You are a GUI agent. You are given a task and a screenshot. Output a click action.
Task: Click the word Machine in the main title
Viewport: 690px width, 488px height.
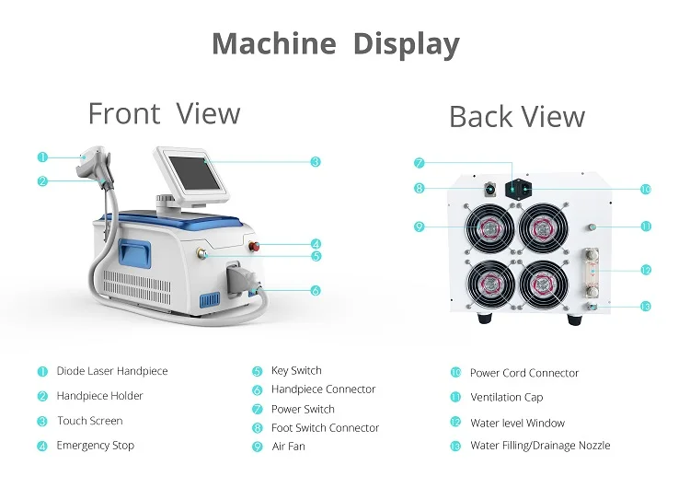coord(274,43)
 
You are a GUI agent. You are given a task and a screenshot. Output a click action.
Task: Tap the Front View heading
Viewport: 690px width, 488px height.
coord(164,113)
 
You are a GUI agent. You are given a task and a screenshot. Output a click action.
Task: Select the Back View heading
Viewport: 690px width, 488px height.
coord(516,117)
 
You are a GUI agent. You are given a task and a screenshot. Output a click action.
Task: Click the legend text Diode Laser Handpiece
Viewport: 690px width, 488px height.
coord(112,371)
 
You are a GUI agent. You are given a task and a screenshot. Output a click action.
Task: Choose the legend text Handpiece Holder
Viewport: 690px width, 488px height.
coord(99,396)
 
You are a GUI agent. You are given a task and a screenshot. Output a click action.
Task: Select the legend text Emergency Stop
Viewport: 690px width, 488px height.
coord(95,446)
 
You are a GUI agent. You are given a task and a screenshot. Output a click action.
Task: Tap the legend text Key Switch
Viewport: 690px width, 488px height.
coord(296,370)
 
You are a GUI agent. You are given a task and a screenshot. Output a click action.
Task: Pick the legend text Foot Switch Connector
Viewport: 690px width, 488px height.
coord(325,428)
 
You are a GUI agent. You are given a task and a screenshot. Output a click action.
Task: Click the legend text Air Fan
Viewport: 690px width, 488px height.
coord(288,447)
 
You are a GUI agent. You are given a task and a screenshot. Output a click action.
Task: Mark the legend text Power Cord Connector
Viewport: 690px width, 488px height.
coord(524,373)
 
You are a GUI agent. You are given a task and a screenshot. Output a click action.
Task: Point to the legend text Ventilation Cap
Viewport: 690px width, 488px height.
coord(506,398)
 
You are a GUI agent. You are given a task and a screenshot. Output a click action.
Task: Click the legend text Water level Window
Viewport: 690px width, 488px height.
coord(517,423)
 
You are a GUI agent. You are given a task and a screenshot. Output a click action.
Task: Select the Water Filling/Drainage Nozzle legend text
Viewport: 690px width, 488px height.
coord(540,446)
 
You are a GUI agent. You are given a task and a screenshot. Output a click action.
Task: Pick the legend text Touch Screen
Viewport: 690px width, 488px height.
coord(89,421)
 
